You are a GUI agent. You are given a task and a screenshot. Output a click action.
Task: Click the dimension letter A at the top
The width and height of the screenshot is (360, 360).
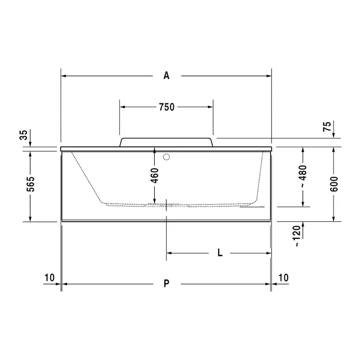tap(166, 76)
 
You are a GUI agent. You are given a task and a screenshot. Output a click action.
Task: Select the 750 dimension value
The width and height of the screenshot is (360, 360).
tap(166, 107)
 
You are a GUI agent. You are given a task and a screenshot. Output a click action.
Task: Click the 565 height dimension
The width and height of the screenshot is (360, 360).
tap(24, 186)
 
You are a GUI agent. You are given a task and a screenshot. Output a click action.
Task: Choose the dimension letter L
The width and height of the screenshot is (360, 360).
tap(220, 253)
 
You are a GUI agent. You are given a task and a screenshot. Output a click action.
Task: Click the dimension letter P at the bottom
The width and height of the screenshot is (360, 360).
tap(166, 284)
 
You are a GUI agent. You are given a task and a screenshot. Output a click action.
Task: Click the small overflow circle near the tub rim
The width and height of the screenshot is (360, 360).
tap(166, 157)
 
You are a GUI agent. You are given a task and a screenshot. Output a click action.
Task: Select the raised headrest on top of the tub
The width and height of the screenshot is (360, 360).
tap(166, 143)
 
